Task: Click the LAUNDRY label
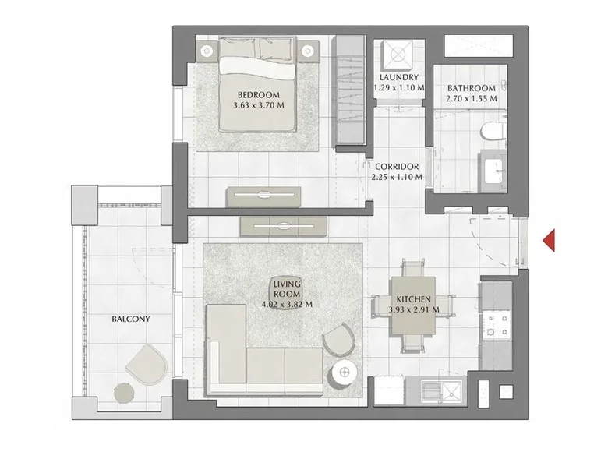(399, 78)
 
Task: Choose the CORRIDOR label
(397, 167)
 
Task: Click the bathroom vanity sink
(493, 168)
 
